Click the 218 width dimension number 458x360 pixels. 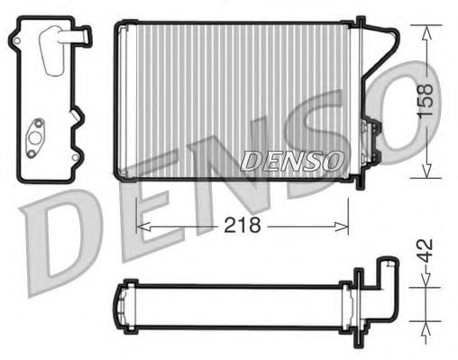242,226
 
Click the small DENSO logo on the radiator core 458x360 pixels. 291,160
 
